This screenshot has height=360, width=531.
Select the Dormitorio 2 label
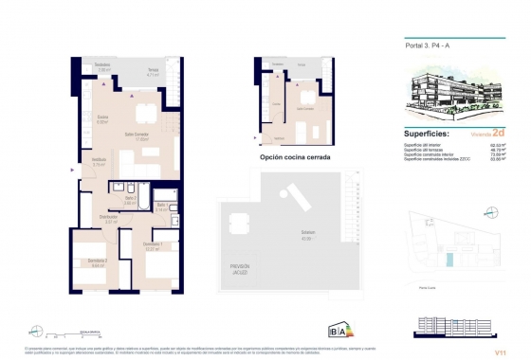[x=92, y=261]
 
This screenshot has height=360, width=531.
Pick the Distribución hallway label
[x=111, y=217]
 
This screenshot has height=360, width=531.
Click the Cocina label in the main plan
[x=103, y=119]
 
